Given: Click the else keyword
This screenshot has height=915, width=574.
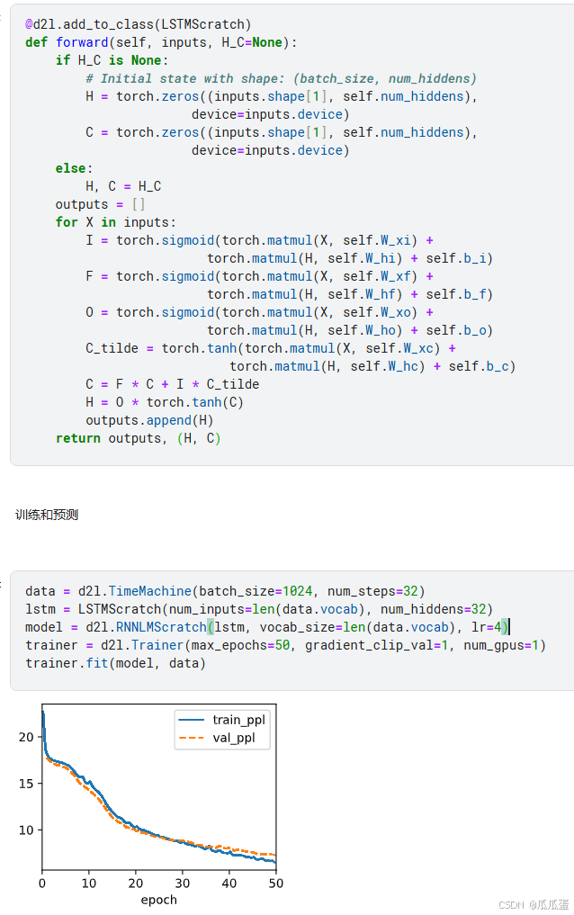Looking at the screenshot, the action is coord(70,168).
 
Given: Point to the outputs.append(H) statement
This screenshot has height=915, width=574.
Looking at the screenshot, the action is coord(139,420).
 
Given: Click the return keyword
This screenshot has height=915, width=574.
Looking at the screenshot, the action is coord(77,438).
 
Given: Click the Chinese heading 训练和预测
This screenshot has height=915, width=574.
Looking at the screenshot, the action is coord(47,515).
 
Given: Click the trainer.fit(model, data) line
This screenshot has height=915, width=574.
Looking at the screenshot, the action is coord(115,663).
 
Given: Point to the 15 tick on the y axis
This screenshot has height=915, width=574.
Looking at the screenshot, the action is coord(26,784).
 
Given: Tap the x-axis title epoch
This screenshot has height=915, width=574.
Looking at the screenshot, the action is coord(158,900).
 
